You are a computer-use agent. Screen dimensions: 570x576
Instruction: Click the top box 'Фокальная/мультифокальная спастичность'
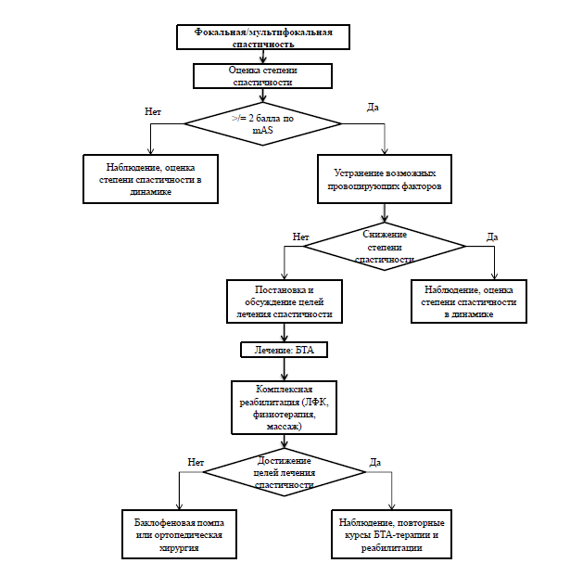tap(263, 37)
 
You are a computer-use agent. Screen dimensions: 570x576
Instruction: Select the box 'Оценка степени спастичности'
tap(263, 76)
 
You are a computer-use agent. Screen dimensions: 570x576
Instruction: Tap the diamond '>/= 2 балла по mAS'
tap(263, 123)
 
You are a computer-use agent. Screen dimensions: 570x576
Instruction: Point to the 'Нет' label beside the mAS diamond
tap(153, 111)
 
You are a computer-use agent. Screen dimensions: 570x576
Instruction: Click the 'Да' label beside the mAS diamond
tap(373, 108)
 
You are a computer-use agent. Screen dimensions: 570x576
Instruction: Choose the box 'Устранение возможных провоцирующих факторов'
tap(385, 179)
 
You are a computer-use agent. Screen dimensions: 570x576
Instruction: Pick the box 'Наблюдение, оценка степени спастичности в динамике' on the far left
tap(150, 179)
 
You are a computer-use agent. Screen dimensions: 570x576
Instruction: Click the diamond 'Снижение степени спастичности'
tap(385, 247)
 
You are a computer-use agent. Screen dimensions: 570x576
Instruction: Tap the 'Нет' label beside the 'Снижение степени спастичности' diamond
tap(300, 237)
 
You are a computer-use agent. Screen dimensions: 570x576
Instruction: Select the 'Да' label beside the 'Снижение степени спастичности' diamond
tap(492, 237)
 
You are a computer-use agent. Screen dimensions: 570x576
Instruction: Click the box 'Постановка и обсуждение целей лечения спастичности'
tap(285, 301)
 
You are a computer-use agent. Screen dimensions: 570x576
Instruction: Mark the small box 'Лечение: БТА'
tap(285, 350)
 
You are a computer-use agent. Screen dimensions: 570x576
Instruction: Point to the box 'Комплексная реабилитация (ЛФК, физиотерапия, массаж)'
tap(285, 408)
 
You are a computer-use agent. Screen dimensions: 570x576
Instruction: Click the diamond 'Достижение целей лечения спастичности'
tap(285, 472)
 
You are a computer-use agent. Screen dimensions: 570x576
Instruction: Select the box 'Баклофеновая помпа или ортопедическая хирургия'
tap(179, 534)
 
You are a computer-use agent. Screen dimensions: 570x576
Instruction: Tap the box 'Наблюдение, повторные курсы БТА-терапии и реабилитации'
tap(392, 534)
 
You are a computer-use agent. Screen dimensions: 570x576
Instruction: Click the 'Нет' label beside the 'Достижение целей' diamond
tap(196, 462)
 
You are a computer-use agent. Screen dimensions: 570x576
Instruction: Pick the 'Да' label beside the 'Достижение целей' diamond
tap(375, 462)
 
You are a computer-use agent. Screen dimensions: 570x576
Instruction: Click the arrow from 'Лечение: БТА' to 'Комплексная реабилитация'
tap(285, 369)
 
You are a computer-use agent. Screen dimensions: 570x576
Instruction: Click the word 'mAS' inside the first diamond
tap(263, 131)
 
